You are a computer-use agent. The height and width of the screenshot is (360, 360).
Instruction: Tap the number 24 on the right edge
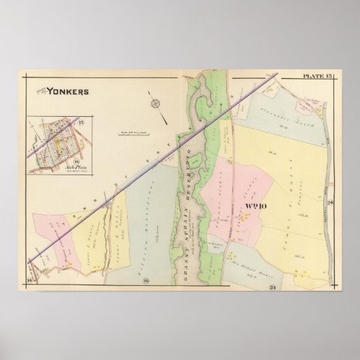point(329,204)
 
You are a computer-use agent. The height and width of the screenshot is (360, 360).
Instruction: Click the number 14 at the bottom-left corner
point(30,279)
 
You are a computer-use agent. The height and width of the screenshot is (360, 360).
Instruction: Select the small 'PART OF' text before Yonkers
point(39,89)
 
